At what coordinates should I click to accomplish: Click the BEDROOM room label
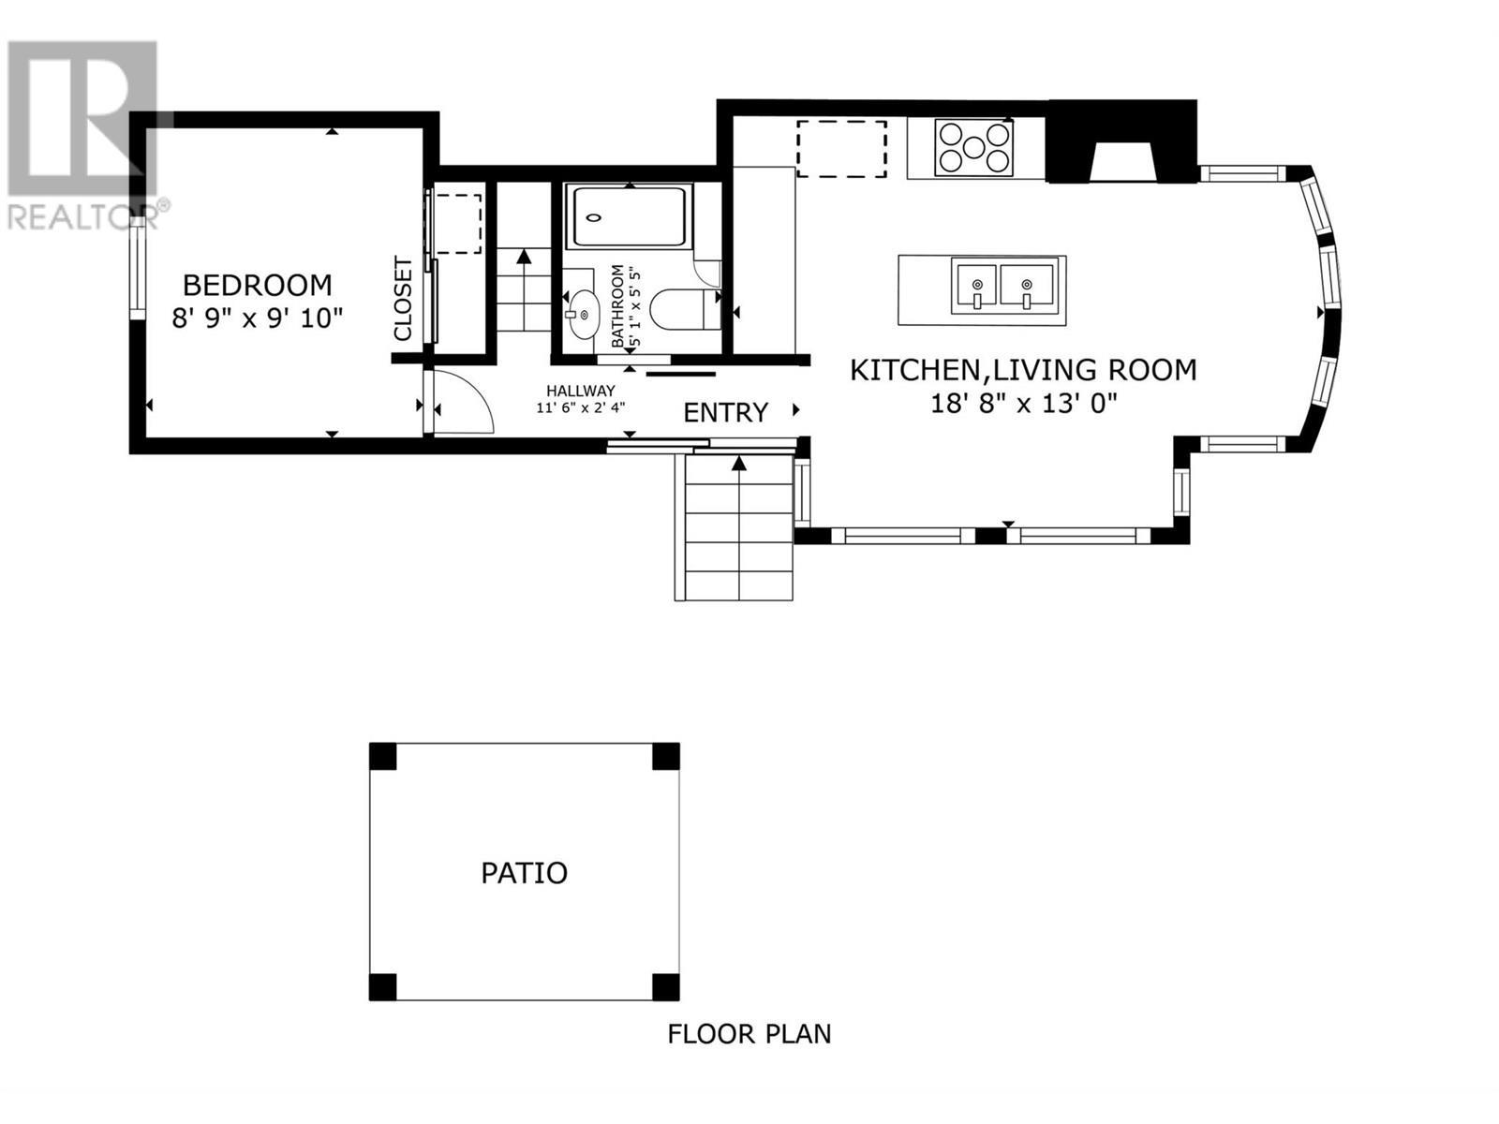coord(257,285)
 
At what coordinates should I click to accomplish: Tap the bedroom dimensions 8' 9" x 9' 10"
coord(257,318)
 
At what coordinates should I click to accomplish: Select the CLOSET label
coord(403,299)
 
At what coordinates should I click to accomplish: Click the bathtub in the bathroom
coord(629,217)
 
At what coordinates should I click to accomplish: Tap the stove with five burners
coord(974,147)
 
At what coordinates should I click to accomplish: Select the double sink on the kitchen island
coord(1002,286)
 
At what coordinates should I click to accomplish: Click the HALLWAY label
coord(581,391)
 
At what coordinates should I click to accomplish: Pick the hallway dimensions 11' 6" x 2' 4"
coord(581,407)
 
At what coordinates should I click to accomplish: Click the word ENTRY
coord(725,412)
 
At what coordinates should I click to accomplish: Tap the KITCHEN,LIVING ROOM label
coord(1023,370)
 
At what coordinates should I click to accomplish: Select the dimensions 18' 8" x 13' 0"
coord(1023,404)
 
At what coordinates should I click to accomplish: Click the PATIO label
coord(524,873)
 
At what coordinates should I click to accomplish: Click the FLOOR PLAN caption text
coord(749,1034)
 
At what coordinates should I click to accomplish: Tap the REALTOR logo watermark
coord(84,131)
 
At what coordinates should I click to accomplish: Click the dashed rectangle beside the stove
coord(841,148)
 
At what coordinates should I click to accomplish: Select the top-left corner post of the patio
coord(382,756)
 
